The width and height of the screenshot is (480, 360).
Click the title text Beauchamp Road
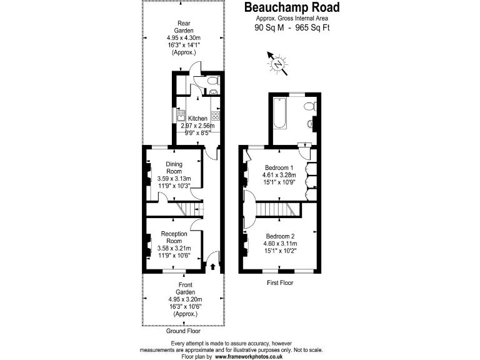point(291,7)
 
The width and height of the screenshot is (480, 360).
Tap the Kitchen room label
point(197,118)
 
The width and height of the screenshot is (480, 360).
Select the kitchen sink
point(179,117)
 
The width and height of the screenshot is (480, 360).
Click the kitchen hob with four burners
point(216,116)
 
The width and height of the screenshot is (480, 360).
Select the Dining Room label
point(174,168)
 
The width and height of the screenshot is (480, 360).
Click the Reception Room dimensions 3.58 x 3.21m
point(174,248)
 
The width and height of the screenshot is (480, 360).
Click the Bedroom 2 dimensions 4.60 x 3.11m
point(279,244)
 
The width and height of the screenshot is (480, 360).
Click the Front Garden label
point(185,288)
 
